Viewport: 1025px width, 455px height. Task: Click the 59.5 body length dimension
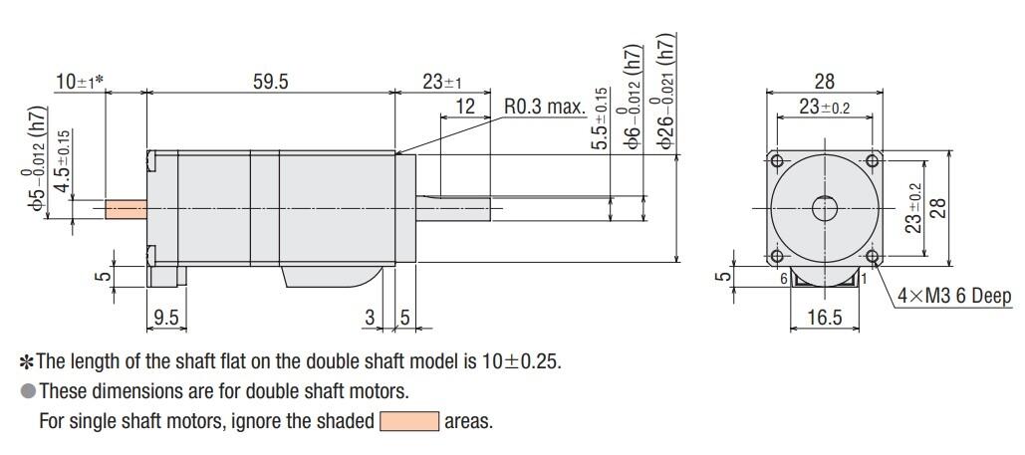pos(269,82)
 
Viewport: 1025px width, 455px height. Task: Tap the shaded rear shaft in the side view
pos(126,209)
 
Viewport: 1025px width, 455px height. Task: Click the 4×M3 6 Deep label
pos(953,296)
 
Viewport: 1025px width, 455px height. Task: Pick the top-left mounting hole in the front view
pos(776,161)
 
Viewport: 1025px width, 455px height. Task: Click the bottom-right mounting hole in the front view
pos(873,257)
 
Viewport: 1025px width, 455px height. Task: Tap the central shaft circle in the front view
pos(825,209)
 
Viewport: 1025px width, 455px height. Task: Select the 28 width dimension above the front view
pos(824,82)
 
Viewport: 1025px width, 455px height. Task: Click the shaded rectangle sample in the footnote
pos(409,421)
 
